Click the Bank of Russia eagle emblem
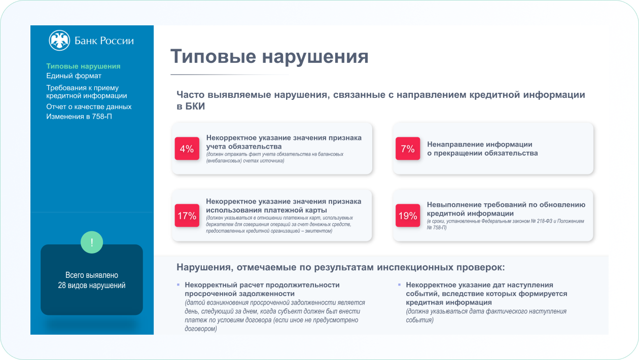[59, 41]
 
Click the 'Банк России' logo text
[104, 41]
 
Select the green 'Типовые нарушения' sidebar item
[83, 66]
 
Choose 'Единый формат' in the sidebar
[74, 76]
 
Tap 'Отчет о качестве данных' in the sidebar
[89, 106]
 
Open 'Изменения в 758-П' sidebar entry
[79, 117]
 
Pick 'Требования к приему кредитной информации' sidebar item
[87, 92]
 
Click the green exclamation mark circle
[92, 242]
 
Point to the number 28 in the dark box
[62, 285]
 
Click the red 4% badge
[187, 149]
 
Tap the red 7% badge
[408, 149]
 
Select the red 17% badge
[187, 215]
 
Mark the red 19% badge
[408, 215]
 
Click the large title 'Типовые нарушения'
[270, 56]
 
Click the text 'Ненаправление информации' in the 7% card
[480, 145]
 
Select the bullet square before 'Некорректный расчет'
[179, 284]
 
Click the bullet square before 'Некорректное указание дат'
[400, 284]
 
